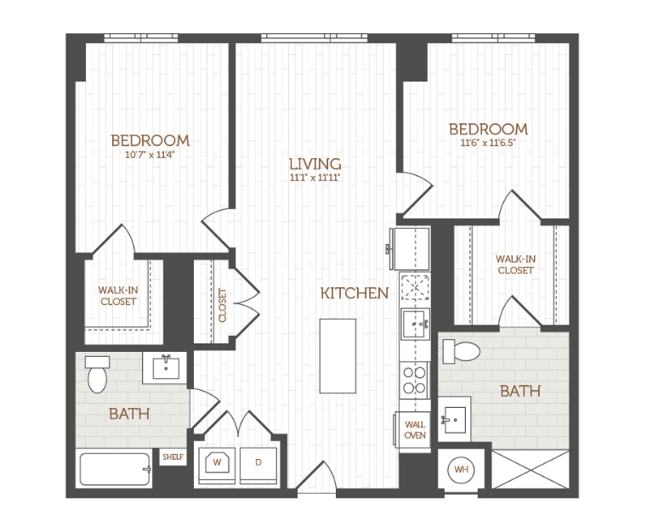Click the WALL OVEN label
(415, 429)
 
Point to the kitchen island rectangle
(338, 355)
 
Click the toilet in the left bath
(97, 374)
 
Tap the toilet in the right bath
(464, 350)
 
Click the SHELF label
(173, 458)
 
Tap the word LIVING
(315, 164)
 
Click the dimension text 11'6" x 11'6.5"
(488, 143)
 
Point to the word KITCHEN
(355, 293)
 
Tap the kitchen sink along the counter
(415, 322)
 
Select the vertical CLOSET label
(223, 304)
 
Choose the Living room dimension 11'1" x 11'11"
(315, 178)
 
